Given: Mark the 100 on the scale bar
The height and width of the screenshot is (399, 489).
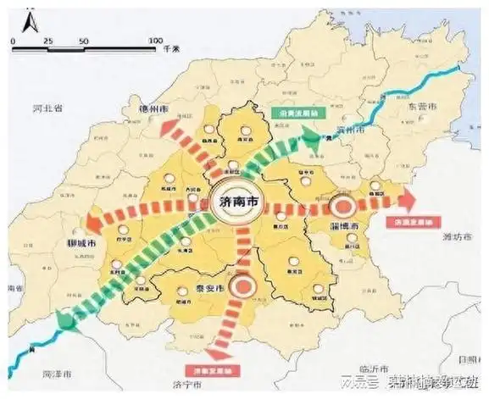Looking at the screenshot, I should tap(154, 41).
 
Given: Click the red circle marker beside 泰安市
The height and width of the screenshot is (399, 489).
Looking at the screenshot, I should tap(244, 286).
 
